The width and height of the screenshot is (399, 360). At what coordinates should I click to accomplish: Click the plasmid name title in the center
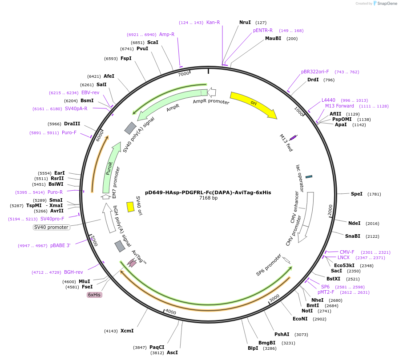208,192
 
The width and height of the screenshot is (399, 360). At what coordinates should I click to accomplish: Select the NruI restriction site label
245,22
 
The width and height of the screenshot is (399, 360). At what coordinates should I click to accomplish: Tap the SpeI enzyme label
357,194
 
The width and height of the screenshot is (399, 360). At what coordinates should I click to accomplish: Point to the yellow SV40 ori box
130,207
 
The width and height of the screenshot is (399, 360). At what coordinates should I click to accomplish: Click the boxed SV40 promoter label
52,227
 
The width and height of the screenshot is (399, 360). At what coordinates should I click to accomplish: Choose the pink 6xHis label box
94,295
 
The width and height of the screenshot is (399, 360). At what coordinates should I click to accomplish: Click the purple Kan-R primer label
213,22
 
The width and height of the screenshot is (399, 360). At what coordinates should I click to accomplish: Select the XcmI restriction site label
127,331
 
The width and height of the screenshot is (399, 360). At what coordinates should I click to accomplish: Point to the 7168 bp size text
208,198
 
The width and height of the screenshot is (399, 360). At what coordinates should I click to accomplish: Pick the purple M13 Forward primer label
339,106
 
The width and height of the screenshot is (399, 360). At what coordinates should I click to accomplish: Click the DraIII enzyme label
72,124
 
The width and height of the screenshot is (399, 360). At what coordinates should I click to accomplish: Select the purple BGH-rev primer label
73,272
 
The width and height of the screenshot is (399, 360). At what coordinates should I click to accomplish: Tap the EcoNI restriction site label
300,319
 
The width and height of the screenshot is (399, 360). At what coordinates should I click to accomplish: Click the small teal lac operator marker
309,177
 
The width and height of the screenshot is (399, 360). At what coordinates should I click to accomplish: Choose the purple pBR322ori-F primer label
315,72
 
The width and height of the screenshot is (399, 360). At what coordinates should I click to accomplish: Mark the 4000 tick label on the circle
171,312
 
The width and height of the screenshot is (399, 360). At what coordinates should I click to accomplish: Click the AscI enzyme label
172,352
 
